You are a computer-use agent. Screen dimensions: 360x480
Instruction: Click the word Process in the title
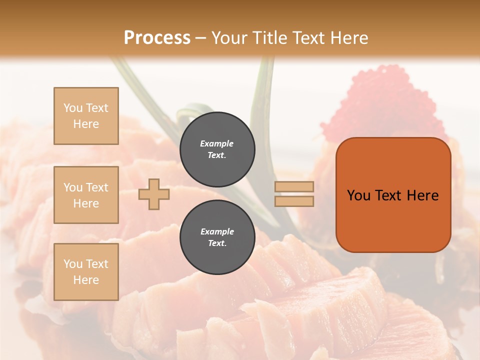point(157,37)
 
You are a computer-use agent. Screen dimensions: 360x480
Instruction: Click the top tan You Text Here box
point(86,116)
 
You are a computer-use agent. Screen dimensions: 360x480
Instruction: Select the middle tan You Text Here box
point(86,195)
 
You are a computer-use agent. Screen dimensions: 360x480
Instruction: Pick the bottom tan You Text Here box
point(86,271)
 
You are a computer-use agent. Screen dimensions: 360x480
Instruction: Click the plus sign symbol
point(154,194)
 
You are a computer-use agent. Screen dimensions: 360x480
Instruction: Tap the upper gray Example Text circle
point(217,149)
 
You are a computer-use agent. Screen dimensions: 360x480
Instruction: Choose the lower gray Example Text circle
point(217,237)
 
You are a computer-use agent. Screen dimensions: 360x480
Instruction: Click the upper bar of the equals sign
point(294,186)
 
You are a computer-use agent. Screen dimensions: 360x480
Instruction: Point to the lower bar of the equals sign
point(294,201)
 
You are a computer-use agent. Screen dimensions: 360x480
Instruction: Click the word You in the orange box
point(358,195)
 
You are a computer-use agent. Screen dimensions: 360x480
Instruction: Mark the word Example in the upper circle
point(217,143)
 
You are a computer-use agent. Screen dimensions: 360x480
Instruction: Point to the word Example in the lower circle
point(217,231)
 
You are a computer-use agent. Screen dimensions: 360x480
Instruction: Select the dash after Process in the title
point(200,38)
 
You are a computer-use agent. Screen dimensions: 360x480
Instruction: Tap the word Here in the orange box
point(423,195)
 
